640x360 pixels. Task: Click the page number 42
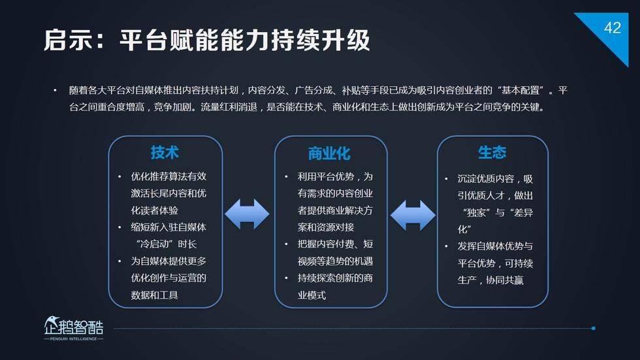click(x=613, y=27)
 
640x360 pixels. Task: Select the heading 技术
click(x=165, y=152)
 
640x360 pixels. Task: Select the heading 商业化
click(x=329, y=154)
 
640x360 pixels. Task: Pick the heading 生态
click(x=492, y=152)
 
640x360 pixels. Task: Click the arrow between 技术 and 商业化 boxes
click(x=247, y=214)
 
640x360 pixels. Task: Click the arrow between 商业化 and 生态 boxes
click(x=413, y=215)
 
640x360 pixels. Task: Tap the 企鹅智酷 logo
click(x=73, y=326)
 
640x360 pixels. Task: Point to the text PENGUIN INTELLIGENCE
click(x=73, y=339)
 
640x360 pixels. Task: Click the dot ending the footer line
click(x=594, y=328)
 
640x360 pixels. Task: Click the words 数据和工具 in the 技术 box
click(x=154, y=295)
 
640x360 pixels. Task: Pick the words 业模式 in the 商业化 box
click(x=312, y=295)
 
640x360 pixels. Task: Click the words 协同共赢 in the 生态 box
click(x=504, y=280)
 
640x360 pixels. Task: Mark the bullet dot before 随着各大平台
click(x=55, y=90)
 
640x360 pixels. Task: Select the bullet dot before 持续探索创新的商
click(x=287, y=278)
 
